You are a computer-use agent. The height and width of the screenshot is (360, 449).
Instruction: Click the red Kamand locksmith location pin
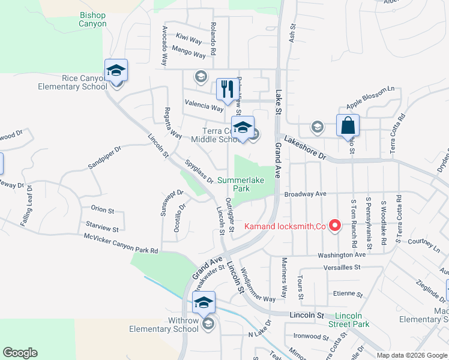click(336, 226)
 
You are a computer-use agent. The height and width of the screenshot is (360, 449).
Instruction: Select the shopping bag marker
click(348, 126)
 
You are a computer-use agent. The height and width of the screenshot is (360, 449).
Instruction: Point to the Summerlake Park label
click(241, 184)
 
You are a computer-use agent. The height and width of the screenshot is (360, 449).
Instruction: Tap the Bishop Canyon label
click(92, 20)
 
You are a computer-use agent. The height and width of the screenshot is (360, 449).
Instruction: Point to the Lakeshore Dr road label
click(304, 148)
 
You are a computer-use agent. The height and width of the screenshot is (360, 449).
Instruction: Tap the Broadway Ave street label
click(305, 194)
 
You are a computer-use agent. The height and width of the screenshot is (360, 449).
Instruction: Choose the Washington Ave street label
click(342, 255)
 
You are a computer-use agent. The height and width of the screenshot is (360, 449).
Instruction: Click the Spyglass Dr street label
click(199, 170)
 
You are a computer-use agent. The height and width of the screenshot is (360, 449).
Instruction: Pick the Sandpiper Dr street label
click(104, 157)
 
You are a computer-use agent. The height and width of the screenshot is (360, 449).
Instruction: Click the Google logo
click(20, 353)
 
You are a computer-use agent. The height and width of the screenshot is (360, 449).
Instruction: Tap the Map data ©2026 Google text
click(411, 355)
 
